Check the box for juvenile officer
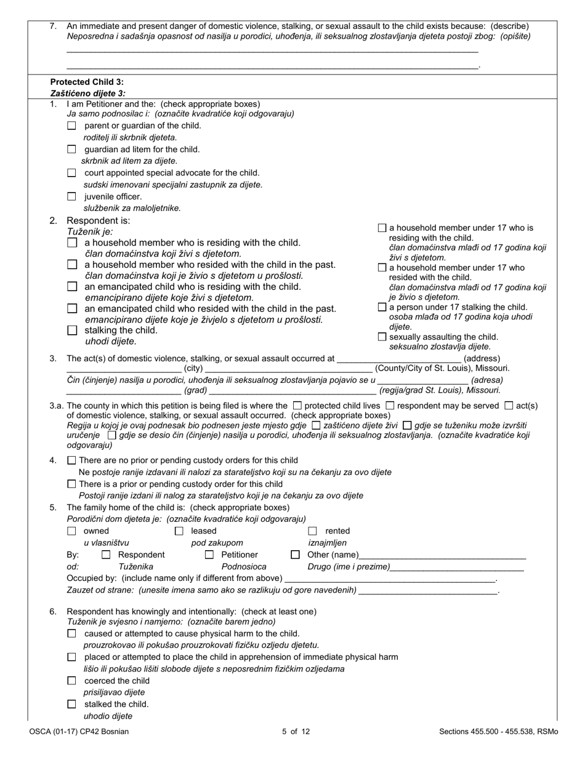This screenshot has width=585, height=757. point(71,197)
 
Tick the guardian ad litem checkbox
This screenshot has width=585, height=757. point(71,149)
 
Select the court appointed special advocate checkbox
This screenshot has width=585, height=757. point(71,173)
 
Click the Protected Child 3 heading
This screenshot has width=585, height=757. point(87,82)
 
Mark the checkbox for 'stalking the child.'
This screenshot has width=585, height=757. point(72,330)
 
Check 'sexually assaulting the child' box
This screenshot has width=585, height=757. point(382,337)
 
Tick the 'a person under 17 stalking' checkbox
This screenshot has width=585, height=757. point(382,307)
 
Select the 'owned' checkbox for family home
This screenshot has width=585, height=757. point(71,531)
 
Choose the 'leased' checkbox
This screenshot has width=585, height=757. point(179,531)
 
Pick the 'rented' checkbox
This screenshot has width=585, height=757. point(312,531)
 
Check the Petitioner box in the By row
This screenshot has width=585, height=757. point(209,555)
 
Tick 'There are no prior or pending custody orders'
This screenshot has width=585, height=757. point(71,460)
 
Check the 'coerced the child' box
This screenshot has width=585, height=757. point(71,681)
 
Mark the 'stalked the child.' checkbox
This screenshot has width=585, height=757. point(71,704)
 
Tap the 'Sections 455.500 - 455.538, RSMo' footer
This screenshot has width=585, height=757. point(498,732)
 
